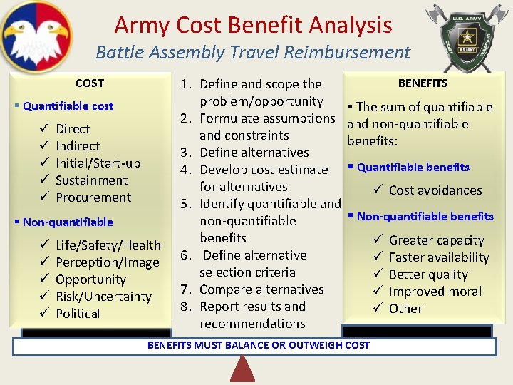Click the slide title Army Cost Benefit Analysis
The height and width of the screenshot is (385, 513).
(x=253, y=25)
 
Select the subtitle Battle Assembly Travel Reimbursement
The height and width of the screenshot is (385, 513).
(x=253, y=52)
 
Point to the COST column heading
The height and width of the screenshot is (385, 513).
(x=90, y=83)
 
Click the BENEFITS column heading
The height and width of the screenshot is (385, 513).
(x=423, y=83)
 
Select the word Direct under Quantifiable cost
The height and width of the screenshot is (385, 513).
(x=73, y=129)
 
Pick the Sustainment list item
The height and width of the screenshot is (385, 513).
(x=91, y=180)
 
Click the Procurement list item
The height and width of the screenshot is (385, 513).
(x=93, y=197)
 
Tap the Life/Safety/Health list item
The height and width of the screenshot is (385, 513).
(x=108, y=245)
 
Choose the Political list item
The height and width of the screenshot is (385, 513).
(x=78, y=314)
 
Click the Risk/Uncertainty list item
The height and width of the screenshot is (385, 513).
(x=103, y=297)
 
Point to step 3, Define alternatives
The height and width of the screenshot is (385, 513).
(x=254, y=153)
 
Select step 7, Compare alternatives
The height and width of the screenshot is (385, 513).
(x=261, y=289)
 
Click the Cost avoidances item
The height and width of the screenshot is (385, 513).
(x=435, y=190)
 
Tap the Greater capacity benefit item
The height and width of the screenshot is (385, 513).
(x=436, y=240)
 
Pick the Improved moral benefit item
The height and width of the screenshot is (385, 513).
(x=435, y=292)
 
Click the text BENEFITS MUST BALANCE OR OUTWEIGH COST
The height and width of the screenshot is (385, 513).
(x=258, y=345)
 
